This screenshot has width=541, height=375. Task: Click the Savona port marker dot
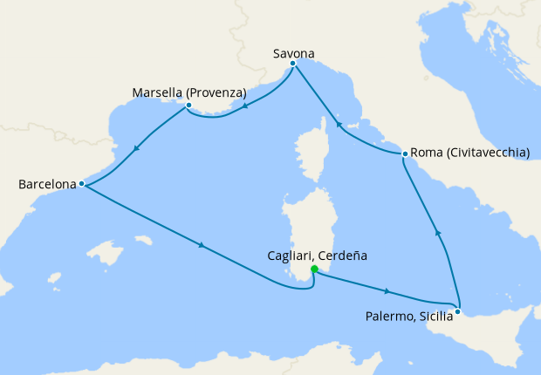point(293,64)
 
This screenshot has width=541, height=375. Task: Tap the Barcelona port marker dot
point(81,184)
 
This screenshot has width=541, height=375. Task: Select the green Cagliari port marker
point(314,269)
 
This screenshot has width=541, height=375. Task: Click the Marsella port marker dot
point(188,106)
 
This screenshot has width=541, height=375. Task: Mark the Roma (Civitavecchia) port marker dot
point(405,153)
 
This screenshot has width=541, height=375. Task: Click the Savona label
point(293,52)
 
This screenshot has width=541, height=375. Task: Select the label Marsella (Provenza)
point(189,92)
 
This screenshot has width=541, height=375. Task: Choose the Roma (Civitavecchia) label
point(469,153)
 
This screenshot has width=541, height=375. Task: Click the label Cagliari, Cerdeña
point(317,256)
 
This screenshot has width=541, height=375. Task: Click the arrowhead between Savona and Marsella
point(245,107)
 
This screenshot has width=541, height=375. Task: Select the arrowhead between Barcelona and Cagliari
point(202,245)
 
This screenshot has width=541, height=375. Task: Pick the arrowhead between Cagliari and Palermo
point(386,291)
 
